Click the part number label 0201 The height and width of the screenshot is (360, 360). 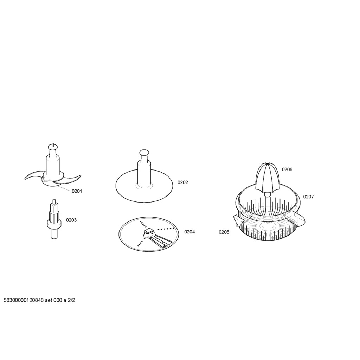pyautogui.click(x=77, y=191)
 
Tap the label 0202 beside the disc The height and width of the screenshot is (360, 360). pyautogui.click(x=182, y=182)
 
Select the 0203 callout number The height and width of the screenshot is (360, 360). pyautogui.click(x=71, y=220)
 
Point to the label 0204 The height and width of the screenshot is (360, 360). pyautogui.click(x=189, y=232)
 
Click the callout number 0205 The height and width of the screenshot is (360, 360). pyautogui.click(x=224, y=232)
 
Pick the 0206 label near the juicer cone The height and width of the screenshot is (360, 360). pyautogui.click(x=287, y=169)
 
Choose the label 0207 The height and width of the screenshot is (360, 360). pyautogui.click(x=308, y=197)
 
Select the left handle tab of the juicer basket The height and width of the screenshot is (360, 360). pyautogui.click(x=239, y=221)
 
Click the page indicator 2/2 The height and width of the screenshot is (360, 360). pyautogui.click(x=71, y=300)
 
